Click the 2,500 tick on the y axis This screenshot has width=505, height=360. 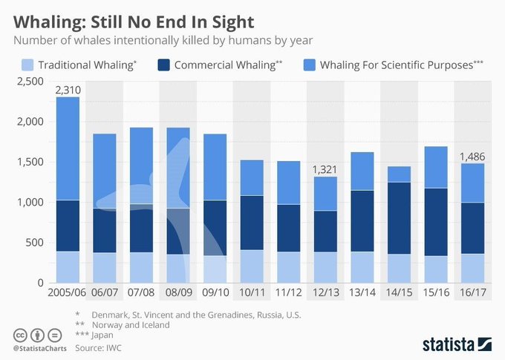pyautogui.click(x=29, y=82)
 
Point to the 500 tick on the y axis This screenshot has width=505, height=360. pyautogui.click(x=35, y=243)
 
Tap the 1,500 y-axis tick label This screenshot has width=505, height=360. pyautogui.click(x=29, y=162)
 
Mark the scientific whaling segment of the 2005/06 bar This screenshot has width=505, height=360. pyautogui.click(x=68, y=148)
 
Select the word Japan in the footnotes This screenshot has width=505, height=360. pyautogui.click(x=104, y=335)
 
